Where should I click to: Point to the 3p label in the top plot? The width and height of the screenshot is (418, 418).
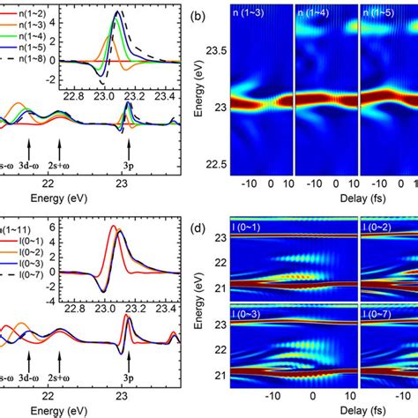tap(129, 162)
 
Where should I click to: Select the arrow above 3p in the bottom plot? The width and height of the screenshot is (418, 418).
tap(129, 360)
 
